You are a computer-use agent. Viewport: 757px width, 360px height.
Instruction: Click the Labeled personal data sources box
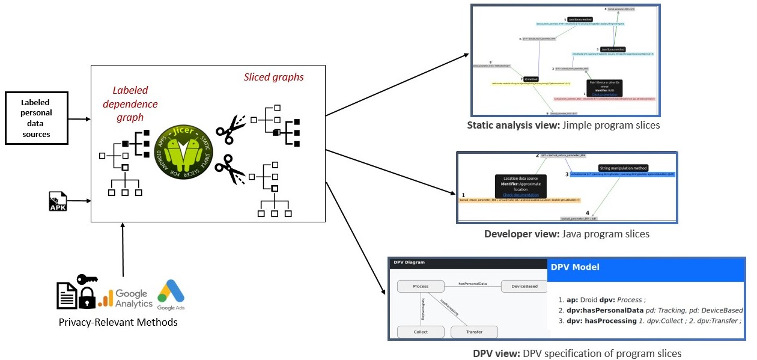pos(36,118)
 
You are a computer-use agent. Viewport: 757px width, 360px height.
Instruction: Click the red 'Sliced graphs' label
pos(273,77)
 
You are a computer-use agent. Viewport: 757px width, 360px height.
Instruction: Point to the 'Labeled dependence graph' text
pos(130,104)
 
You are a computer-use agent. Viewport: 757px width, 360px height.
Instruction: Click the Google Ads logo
pos(171,295)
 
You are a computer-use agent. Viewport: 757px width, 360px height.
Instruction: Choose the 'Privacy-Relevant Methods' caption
pos(118,322)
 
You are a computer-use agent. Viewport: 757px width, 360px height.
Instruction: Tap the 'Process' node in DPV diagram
pos(421,287)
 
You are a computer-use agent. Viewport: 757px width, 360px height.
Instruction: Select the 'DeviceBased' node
pos(523,287)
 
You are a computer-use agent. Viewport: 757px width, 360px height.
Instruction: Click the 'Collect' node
pos(421,332)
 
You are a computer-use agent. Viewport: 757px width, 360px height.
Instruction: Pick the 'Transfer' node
pos(474,332)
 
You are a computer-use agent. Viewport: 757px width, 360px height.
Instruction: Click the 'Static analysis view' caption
pos(563,125)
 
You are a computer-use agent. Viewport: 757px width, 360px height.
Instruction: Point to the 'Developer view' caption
pos(567,234)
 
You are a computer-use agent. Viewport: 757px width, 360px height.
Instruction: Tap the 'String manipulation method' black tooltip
pos(623,168)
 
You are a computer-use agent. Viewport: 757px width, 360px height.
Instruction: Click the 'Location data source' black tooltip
pos(521,186)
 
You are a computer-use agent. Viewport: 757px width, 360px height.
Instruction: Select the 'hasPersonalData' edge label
pos(472,282)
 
